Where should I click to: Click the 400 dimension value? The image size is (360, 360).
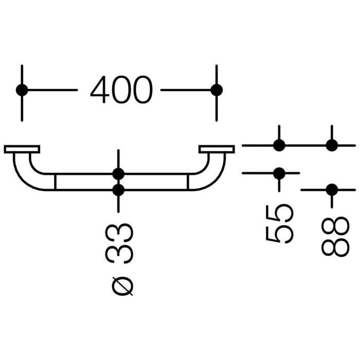point(121,90)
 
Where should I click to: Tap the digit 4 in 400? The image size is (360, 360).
point(100,90)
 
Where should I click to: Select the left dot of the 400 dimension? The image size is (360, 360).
point(22,90)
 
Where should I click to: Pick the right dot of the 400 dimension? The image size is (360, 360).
point(217,90)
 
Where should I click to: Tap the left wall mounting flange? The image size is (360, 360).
point(22,149)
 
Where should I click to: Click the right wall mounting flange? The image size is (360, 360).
point(217,149)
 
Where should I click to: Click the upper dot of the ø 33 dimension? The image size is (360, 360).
point(118,174)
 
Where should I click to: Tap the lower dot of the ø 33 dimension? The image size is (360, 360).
point(118,190)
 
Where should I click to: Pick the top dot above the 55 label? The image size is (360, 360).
point(279,146)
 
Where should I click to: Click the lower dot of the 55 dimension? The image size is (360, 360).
point(279,173)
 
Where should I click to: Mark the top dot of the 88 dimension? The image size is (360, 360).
point(332,146)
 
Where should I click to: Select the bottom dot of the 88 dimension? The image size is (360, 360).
point(332,190)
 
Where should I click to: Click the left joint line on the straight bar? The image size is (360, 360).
point(55,182)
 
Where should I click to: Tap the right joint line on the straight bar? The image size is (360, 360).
point(188,182)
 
